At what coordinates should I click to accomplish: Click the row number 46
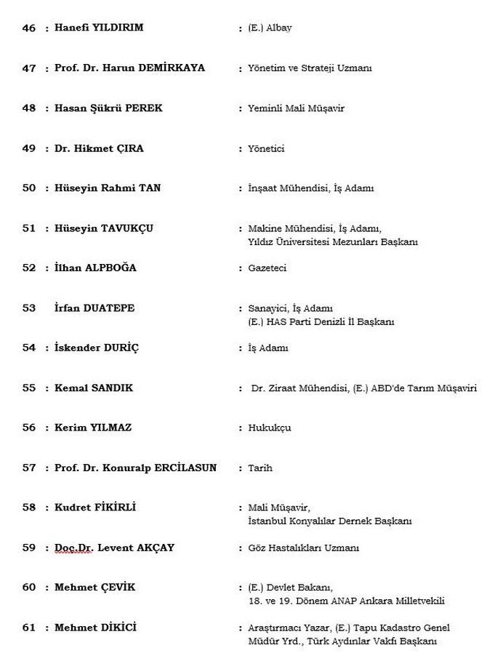28,28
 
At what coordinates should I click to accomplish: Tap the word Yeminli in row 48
265,108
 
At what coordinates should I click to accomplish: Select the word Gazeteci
267,268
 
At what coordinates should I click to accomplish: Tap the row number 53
28,308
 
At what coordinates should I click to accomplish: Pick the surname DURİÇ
121,348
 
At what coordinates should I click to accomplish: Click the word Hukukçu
270,428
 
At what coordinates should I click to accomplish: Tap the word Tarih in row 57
260,468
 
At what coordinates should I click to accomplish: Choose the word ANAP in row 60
333,601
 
